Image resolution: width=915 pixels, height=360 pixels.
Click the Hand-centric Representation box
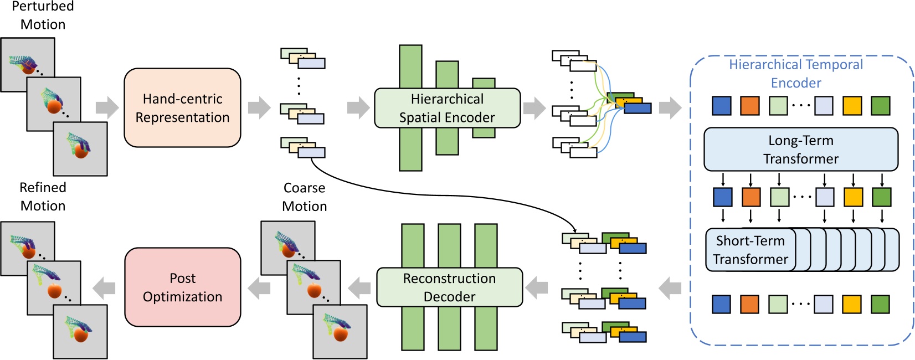(x=182, y=108)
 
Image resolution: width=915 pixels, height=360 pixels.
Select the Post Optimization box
(x=182, y=287)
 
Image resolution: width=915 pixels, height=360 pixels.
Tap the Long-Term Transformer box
(x=800, y=150)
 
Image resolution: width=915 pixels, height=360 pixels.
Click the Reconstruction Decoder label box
(x=449, y=287)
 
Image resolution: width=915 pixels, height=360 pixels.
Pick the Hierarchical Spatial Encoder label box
(x=447, y=108)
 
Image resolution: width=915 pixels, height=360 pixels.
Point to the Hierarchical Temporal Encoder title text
(x=796, y=74)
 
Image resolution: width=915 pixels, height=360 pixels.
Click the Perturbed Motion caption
(x=43, y=16)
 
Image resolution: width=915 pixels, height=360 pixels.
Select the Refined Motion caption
(x=43, y=197)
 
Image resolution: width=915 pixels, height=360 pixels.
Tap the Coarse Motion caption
(x=304, y=197)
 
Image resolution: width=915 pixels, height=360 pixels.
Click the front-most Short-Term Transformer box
(x=750, y=250)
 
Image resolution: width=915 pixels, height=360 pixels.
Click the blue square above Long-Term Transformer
(x=721, y=105)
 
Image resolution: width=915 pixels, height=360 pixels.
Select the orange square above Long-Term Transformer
(x=749, y=105)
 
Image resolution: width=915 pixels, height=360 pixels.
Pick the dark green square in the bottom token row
(x=880, y=304)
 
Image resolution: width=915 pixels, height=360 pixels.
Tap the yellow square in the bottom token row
(x=851, y=304)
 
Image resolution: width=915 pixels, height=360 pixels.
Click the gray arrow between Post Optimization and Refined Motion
(x=104, y=287)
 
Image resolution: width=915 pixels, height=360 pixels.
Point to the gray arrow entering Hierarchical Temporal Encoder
(x=670, y=108)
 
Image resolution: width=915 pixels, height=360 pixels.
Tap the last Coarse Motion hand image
(x=340, y=331)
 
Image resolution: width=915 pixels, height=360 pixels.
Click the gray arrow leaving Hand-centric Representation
(x=259, y=108)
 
